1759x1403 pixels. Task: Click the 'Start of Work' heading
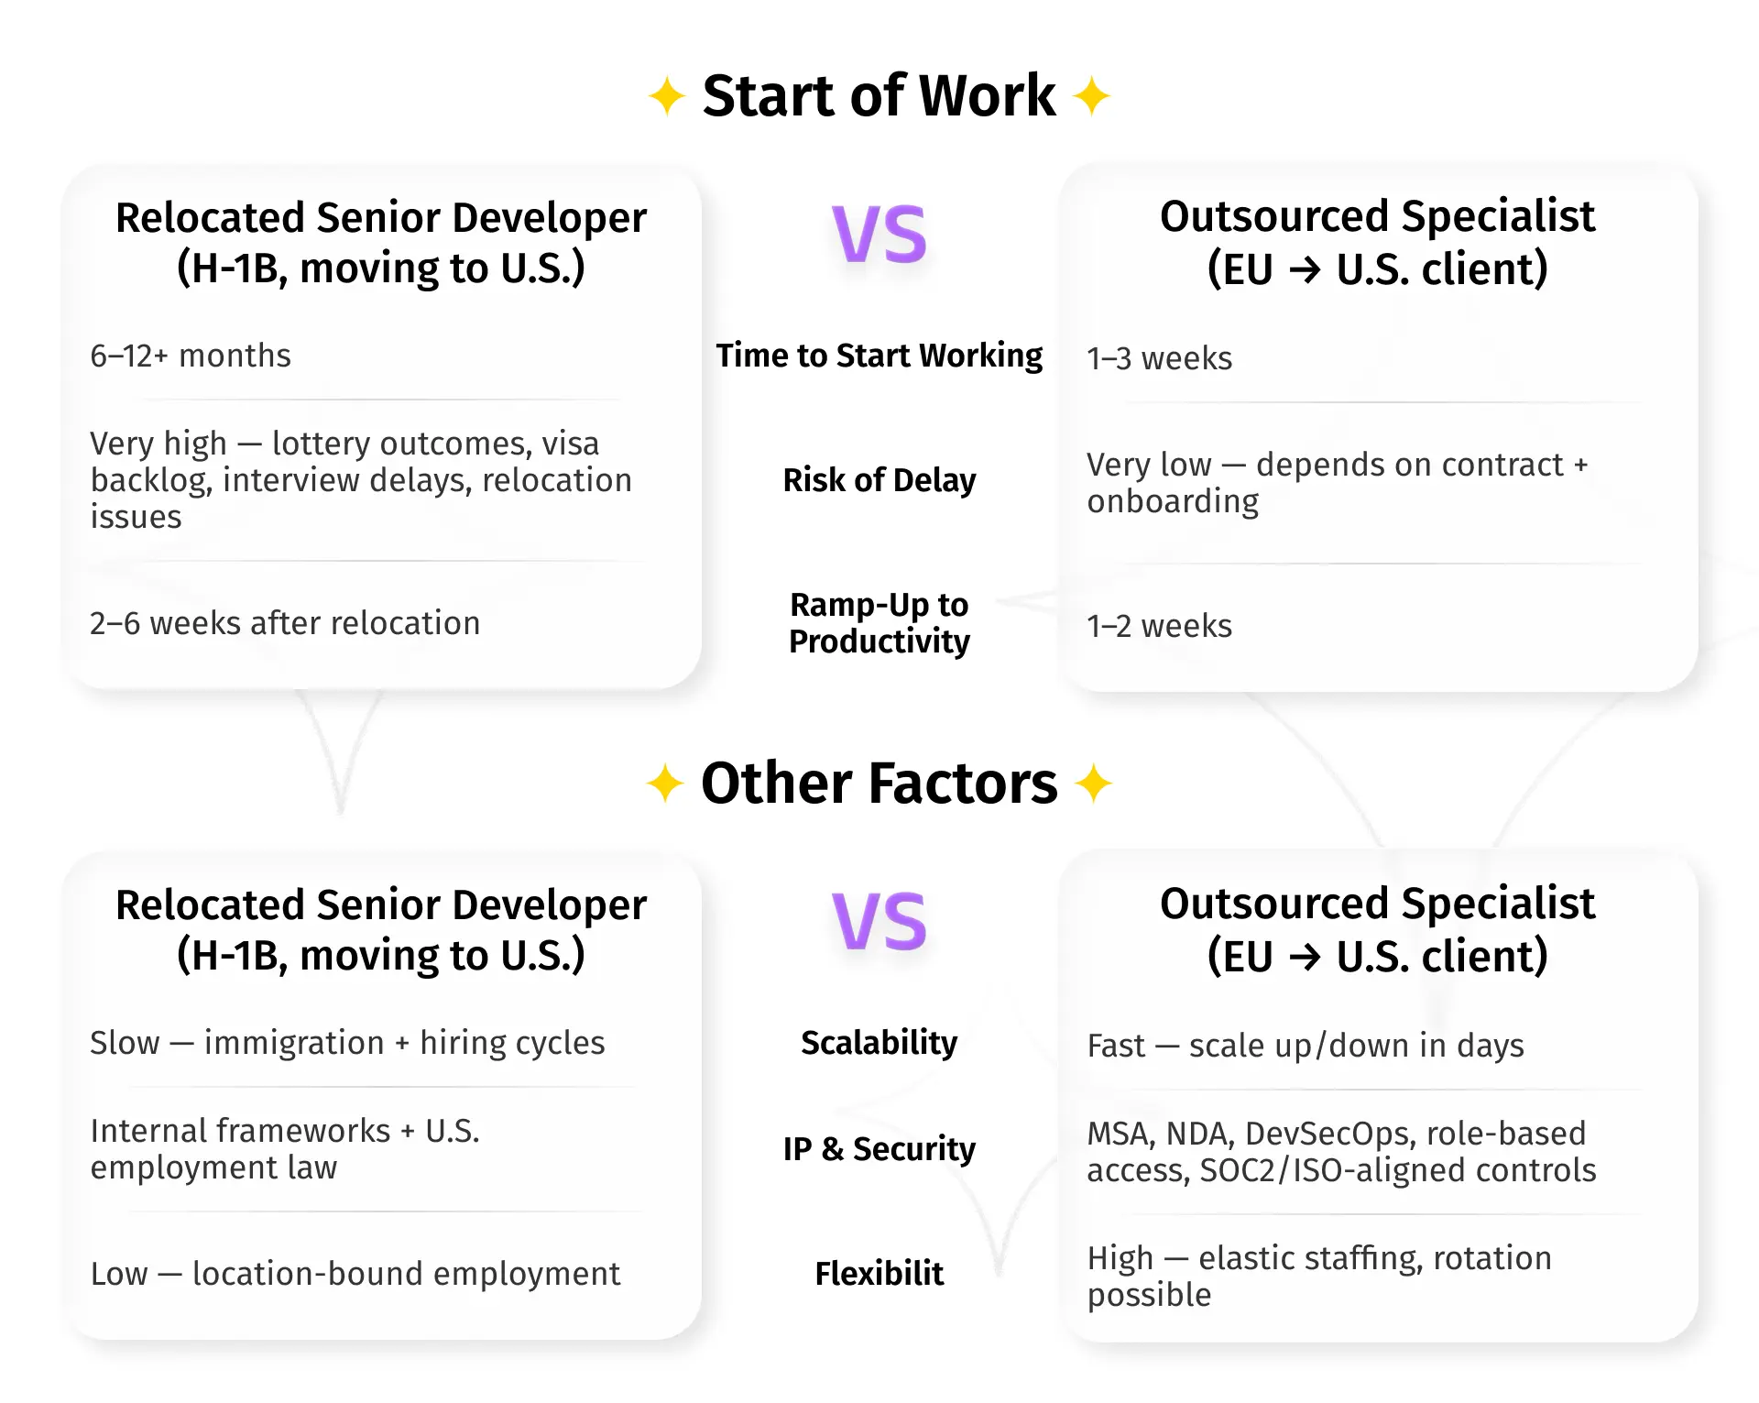[879, 95]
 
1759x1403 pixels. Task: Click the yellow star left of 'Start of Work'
[667, 96]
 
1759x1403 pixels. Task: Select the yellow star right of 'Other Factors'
[1093, 784]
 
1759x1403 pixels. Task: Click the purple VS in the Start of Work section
[879, 235]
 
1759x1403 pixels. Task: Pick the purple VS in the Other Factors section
[879, 922]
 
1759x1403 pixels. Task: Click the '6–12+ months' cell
[191, 356]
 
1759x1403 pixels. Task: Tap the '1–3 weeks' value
[1159, 358]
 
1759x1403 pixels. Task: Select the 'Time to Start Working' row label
[879, 356]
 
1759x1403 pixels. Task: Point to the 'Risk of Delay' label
[879, 480]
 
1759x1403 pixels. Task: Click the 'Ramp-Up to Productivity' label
[879, 623]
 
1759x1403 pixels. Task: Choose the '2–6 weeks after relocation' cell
[285, 623]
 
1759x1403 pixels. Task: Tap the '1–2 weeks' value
[1159, 626]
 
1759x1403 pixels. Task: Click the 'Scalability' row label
[879, 1043]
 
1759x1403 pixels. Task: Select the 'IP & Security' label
[879, 1149]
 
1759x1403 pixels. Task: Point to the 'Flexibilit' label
[879, 1274]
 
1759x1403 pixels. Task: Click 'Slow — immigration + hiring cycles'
[348, 1043]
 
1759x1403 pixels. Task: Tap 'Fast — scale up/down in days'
[1306, 1046]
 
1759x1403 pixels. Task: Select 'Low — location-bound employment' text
[355, 1274]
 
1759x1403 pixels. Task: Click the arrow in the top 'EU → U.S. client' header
[1305, 269]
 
